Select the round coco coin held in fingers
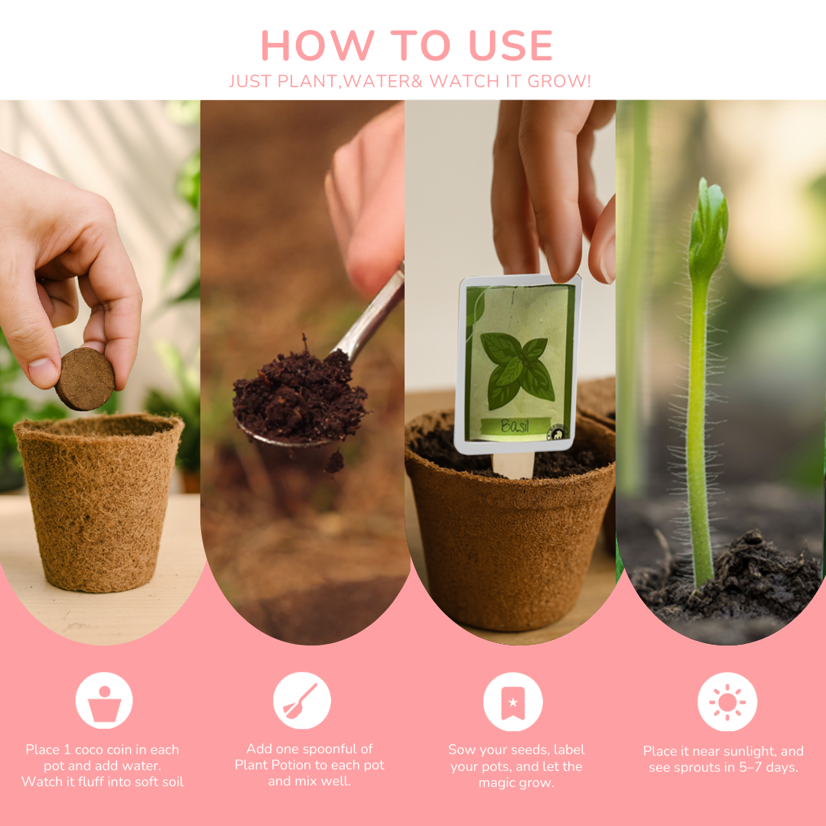pos(85,379)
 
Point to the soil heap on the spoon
pos(300,398)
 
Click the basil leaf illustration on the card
pos(518,368)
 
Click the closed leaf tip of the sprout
pos(707,222)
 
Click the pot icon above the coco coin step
pos(104,701)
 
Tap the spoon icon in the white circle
pos(301,701)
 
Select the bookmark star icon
pos(512,701)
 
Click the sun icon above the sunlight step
pos(727,701)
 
